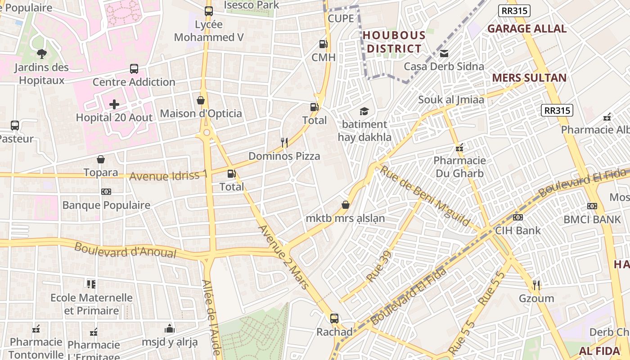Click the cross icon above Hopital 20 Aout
[114, 104]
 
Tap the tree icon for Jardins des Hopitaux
[41, 54]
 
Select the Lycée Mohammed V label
[209, 31]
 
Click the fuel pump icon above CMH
[323, 44]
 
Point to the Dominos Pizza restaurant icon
[284, 143]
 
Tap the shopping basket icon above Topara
[101, 159]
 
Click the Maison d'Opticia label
[201, 113]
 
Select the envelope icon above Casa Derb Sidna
[444, 53]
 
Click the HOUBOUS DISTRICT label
[394, 42]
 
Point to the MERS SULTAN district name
[529, 78]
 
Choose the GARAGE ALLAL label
[526, 29]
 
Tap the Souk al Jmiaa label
[451, 99]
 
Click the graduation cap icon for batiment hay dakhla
[364, 111]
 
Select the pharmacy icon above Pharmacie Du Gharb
[459, 147]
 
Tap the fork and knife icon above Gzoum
[536, 285]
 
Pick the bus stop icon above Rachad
[334, 319]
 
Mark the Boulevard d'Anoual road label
[125, 251]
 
